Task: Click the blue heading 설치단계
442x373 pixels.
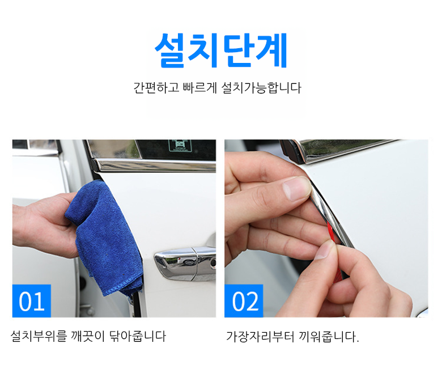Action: [x=221, y=50]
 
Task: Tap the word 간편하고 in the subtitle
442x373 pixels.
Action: [x=156, y=88]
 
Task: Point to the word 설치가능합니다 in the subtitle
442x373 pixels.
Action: [x=261, y=88]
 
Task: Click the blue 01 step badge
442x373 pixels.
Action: [x=32, y=301]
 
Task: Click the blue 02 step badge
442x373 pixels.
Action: [x=244, y=301]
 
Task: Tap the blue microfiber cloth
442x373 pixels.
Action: [x=104, y=237]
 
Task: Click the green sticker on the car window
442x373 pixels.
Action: [x=180, y=146]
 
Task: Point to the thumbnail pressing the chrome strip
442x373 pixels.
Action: [x=296, y=188]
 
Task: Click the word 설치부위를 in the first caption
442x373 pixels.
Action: [x=39, y=336]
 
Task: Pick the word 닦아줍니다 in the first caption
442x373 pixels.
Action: [x=138, y=336]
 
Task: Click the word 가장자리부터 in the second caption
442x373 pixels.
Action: [x=260, y=337]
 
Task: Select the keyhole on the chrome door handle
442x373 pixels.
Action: [x=213, y=264]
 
